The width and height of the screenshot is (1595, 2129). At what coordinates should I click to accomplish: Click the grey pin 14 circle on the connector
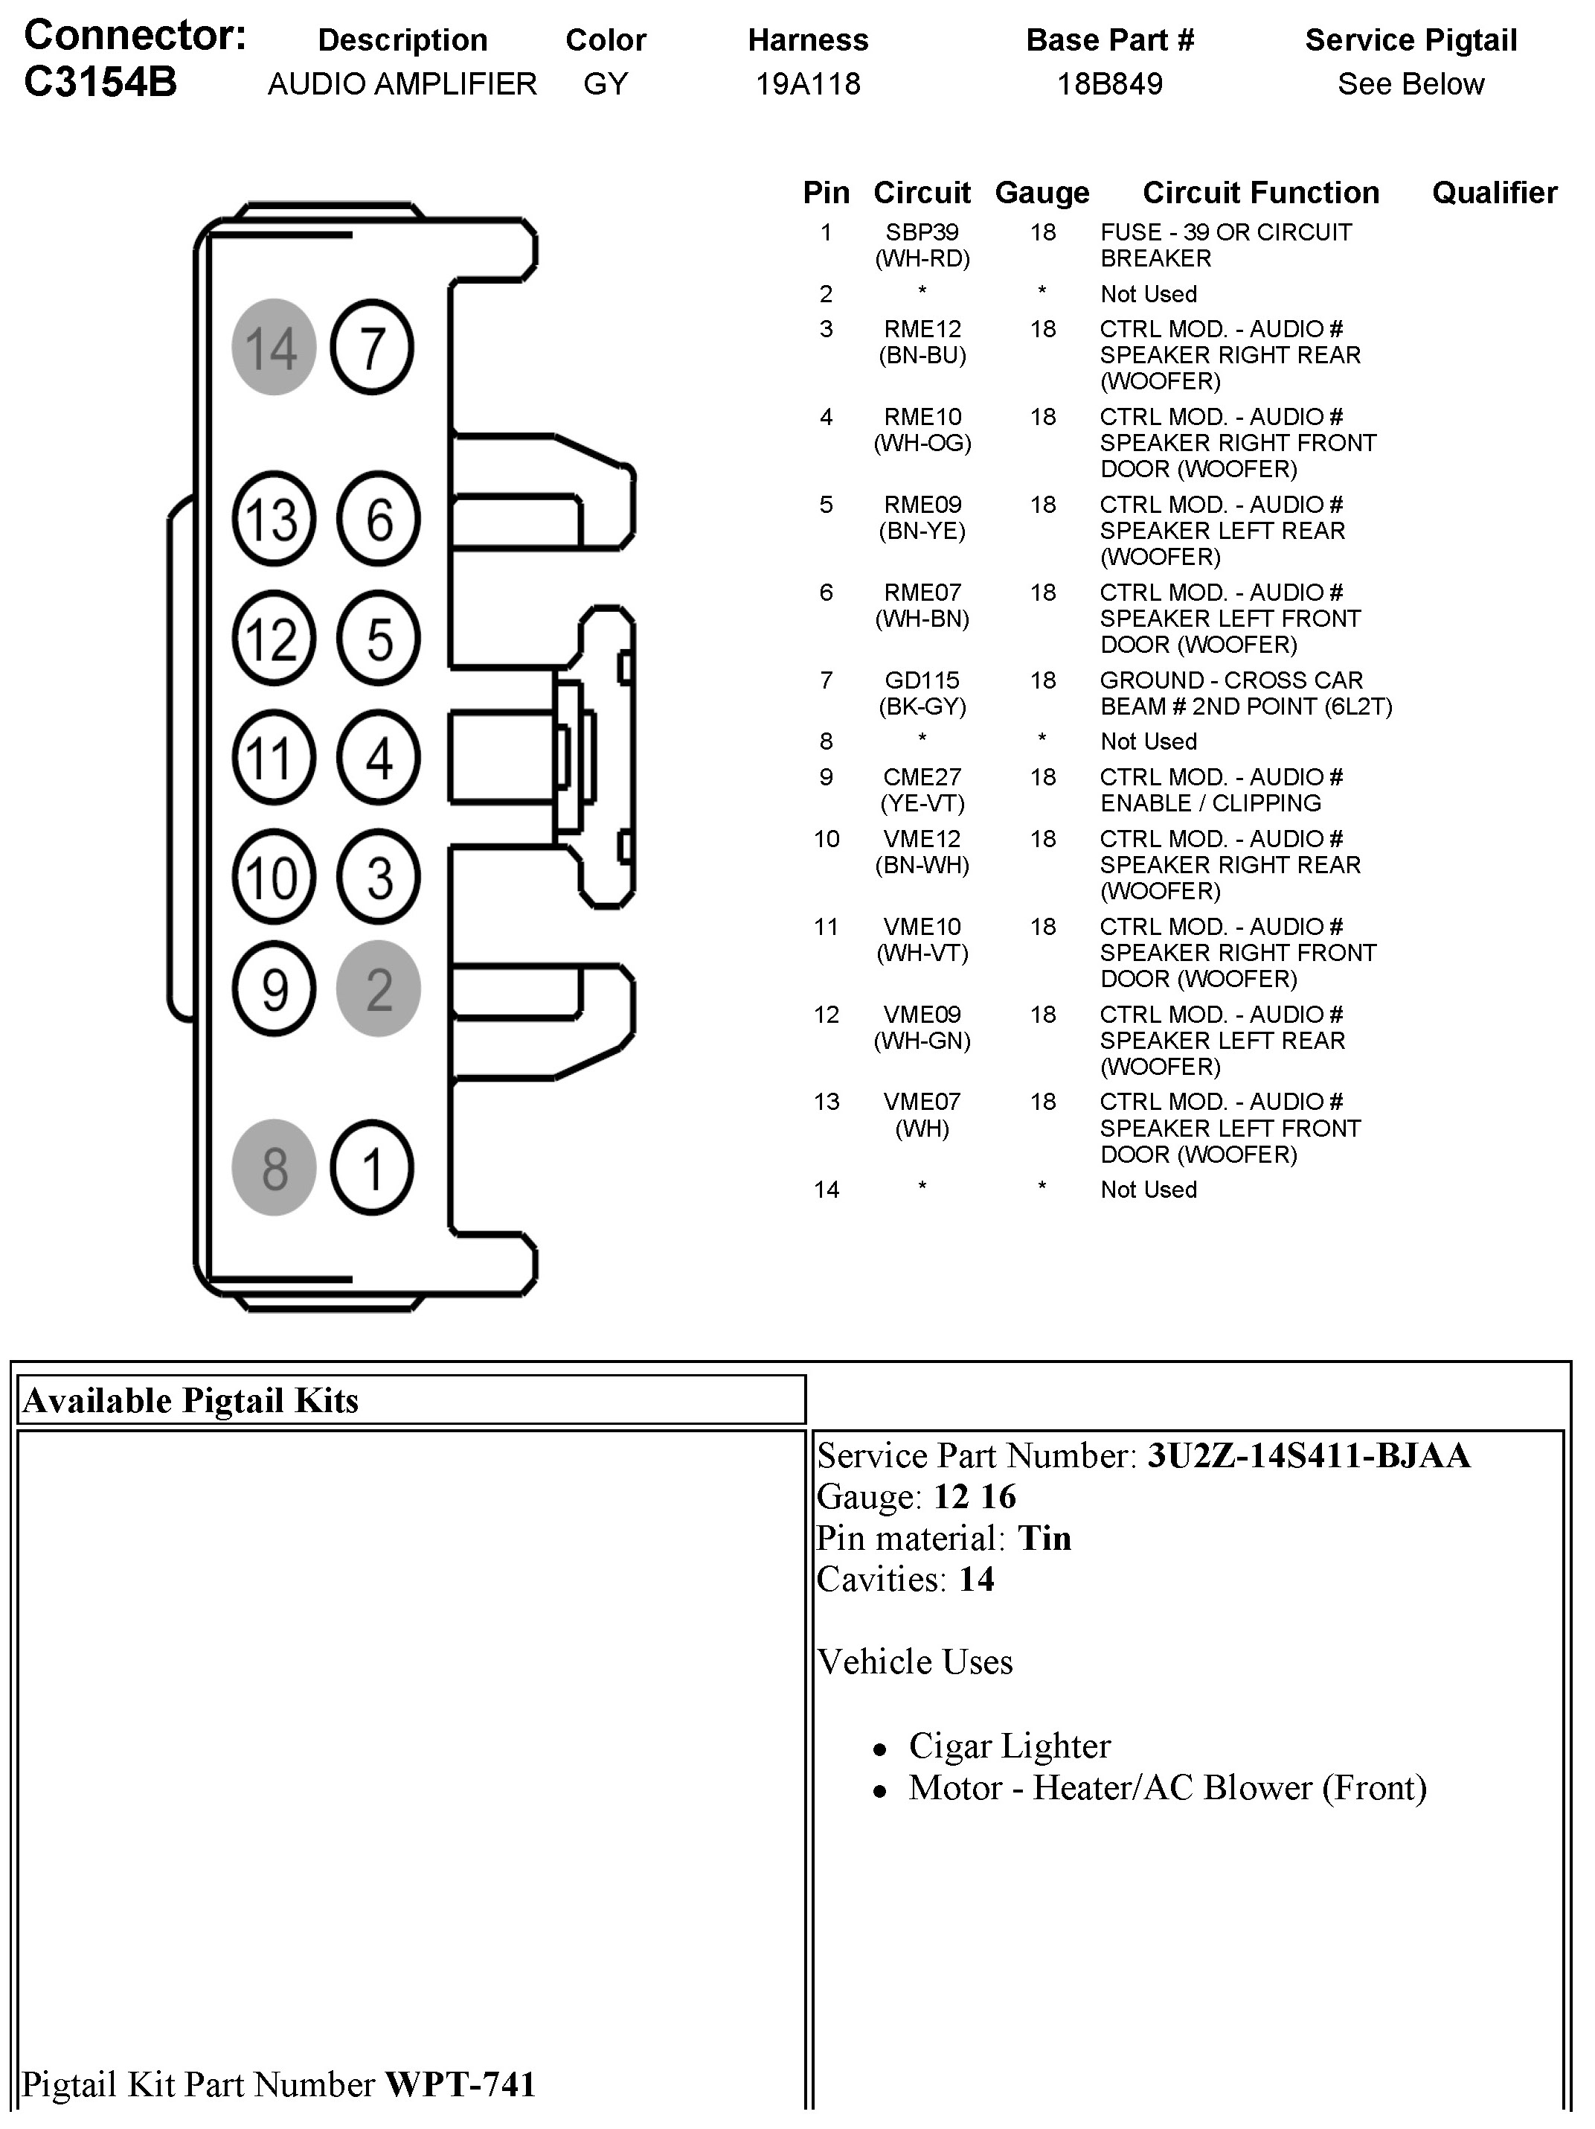click(275, 346)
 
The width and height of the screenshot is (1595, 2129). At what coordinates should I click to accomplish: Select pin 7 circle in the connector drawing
click(372, 346)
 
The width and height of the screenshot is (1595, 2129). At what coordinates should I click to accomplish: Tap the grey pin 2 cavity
click(378, 989)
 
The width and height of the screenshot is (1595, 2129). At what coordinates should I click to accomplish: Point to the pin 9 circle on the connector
click(275, 989)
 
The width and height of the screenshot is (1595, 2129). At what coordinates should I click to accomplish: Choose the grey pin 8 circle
click(275, 1167)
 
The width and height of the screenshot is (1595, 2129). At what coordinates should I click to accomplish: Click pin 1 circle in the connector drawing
click(372, 1167)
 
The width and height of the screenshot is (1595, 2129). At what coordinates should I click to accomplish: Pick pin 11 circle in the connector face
click(275, 758)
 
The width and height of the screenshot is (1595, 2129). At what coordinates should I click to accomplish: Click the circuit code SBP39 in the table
click(922, 232)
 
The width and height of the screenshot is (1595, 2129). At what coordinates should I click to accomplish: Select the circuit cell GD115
click(922, 680)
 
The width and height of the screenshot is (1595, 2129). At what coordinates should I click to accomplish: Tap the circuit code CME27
click(922, 776)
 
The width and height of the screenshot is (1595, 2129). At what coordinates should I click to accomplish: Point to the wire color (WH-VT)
click(922, 953)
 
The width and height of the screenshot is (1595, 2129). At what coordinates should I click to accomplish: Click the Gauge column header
click(1042, 193)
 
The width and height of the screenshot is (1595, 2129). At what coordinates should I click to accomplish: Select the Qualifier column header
click(1494, 193)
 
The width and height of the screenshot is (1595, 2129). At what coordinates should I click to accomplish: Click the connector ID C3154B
click(100, 83)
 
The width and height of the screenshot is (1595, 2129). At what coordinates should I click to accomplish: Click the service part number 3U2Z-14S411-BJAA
click(1309, 1455)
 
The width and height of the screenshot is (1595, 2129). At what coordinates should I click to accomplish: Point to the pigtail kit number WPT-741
click(460, 2084)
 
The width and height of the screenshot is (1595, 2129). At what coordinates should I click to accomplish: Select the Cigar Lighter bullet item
click(1009, 1745)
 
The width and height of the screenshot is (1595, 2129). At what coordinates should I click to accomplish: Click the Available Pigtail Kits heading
click(190, 1400)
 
